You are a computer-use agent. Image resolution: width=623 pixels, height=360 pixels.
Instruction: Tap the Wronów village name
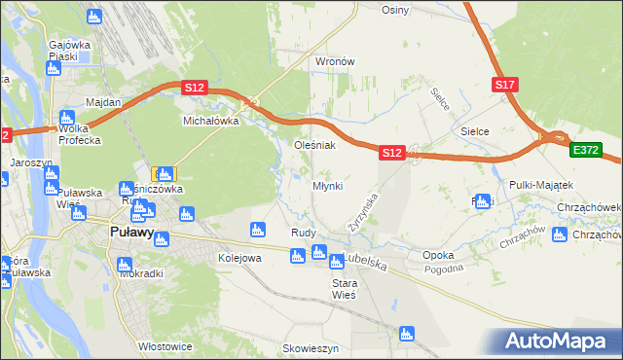pos(334,61)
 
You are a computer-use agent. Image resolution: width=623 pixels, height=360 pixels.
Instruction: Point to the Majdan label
pos(103,102)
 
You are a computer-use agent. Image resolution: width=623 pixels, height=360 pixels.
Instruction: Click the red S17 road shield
pos(504,86)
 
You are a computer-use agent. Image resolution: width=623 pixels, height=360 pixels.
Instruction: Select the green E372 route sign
pos(587,150)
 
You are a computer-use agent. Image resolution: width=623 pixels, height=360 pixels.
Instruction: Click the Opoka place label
pos(438,255)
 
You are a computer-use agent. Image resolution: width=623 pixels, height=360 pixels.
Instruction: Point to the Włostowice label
pos(163,345)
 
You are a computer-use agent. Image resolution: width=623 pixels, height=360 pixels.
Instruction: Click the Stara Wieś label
pos(345,288)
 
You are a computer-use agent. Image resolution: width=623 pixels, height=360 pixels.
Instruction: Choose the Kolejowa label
pos(239,258)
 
